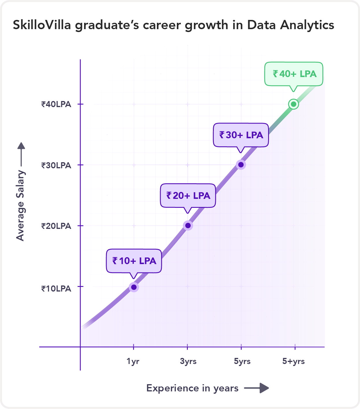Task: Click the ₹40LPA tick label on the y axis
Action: point(56,104)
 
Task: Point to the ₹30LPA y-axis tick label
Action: point(56,165)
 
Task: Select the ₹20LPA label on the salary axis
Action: point(56,226)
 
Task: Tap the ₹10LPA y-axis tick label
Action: point(56,289)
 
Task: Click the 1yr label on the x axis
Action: point(133,361)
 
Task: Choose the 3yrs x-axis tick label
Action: point(188,361)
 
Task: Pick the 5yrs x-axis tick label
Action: point(242,361)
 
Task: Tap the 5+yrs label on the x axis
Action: point(294,361)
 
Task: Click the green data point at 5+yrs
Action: point(294,104)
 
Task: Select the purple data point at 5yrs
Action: point(241,165)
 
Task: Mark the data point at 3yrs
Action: point(188,225)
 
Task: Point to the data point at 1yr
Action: point(134,287)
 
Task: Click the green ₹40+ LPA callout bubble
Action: point(294,74)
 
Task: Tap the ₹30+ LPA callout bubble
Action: point(241,135)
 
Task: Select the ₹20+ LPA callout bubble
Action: point(188,196)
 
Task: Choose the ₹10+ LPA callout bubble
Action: point(134,261)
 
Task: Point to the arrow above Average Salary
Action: point(21,154)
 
